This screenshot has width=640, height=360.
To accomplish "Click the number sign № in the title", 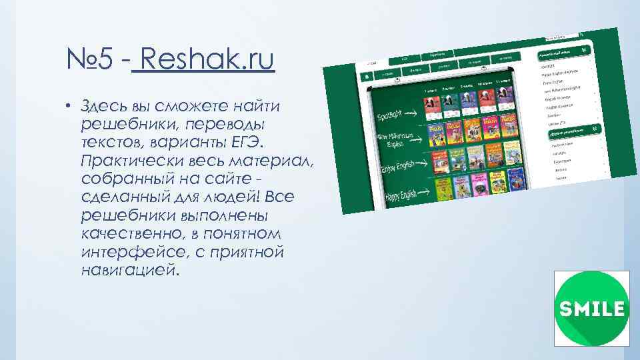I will tap(81, 61).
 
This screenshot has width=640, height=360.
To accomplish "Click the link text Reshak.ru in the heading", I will tap(203, 61).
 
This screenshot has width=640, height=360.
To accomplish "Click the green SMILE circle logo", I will tap(591, 308).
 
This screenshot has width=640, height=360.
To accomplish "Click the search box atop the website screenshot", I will tap(559, 37).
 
